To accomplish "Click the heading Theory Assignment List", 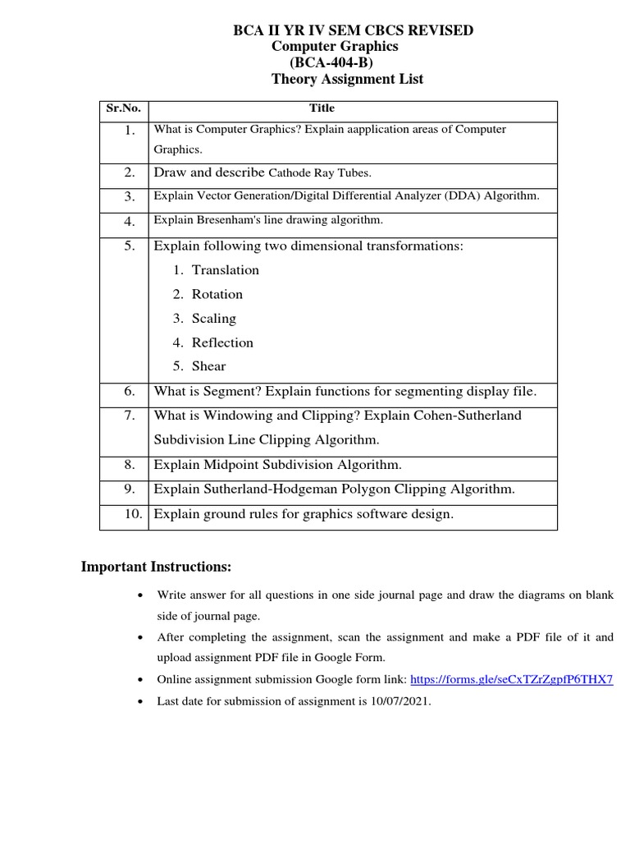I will click(x=347, y=80).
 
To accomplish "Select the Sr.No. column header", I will click(x=124, y=108).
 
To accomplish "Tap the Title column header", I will click(x=322, y=108).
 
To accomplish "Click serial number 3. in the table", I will click(x=130, y=197).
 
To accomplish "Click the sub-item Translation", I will click(x=225, y=270).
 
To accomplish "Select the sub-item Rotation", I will click(x=217, y=294).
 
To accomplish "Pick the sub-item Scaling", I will click(x=213, y=319).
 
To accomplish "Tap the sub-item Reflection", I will click(x=222, y=342).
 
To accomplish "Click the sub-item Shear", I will click(x=208, y=366).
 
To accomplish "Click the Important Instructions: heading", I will click(x=156, y=568).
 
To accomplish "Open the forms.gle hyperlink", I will click(x=510, y=680).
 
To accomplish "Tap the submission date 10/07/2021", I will click(x=400, y=703).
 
